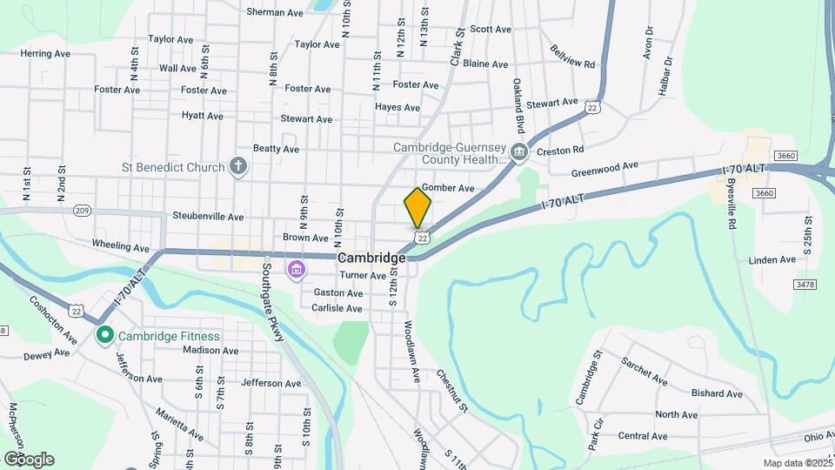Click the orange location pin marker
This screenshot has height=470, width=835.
tap(417, 207)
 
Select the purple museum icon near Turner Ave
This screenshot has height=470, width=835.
tap(297, 269)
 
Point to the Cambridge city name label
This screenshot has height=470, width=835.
tap(371, 258)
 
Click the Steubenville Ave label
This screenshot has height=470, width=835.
tap(208, 216)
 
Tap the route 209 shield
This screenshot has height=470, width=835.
tap(83, 211)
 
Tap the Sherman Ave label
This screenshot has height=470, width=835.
tap(274, 12)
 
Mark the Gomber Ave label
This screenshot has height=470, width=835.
tap(447, 188)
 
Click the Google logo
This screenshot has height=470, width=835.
tap(28, 460)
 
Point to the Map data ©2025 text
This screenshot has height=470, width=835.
tap(796, 463)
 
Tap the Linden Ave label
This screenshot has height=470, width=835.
tap(772, 259)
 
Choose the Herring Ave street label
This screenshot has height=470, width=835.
tap(45, 53)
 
